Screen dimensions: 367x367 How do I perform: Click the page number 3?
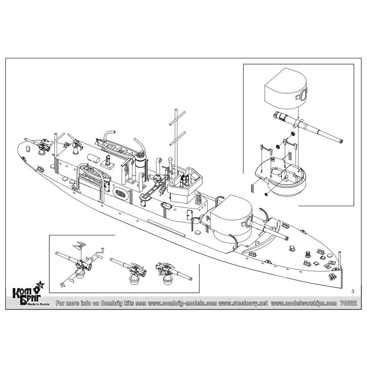[x=353, y=291]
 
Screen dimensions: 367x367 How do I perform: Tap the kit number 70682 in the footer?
[x=349, y=303]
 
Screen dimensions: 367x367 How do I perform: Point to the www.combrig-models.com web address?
[x=182, y=303]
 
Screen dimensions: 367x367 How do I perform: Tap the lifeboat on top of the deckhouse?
[x=115, y=148]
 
